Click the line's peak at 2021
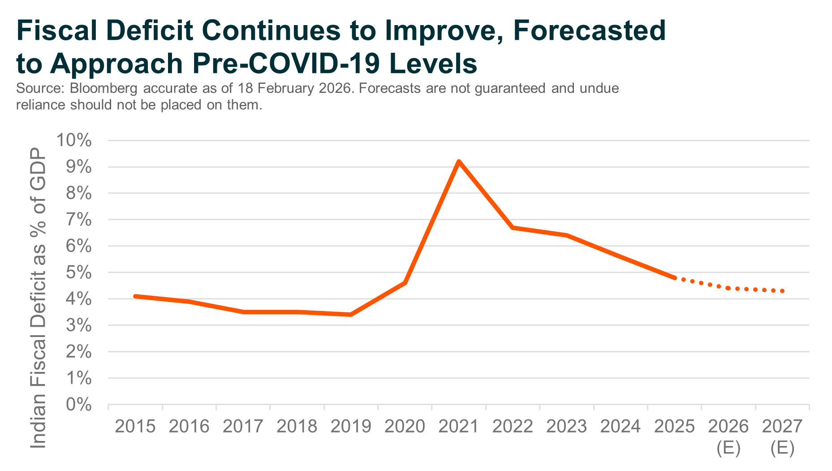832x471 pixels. (x=459, y=161)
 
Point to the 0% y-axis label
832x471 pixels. (x=78, y=405)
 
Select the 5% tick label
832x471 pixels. (x=78, y=272)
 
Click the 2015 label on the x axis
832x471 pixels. (x=135, y=427)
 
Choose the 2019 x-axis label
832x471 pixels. (x=351, y=427)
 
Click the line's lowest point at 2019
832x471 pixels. (x=350, y=315)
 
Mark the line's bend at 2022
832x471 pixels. (x=513, y=228)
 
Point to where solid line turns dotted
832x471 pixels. (x=675, y=278)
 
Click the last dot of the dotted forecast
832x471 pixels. (x=782, y=291)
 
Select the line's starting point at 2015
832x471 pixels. (x=135, y=296)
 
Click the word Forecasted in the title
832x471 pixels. (x=589, y=30)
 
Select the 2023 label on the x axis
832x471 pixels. (x=566, y=427)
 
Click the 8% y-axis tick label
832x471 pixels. (x=78, y=194)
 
